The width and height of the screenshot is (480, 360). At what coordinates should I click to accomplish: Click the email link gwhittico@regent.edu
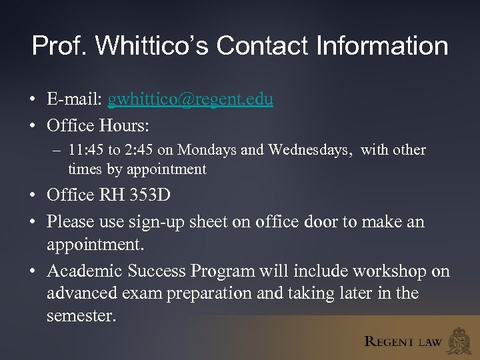190,99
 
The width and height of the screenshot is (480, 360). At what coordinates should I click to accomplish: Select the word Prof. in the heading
60,46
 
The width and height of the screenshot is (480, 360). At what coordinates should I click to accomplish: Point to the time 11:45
85,150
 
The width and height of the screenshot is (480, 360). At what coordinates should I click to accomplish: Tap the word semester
81,315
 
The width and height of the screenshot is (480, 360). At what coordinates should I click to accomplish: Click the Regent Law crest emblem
459,341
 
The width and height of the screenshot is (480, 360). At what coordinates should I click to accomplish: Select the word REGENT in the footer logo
389,341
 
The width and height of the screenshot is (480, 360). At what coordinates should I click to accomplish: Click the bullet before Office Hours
32,125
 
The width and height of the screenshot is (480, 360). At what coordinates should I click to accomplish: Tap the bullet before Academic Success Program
32,272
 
